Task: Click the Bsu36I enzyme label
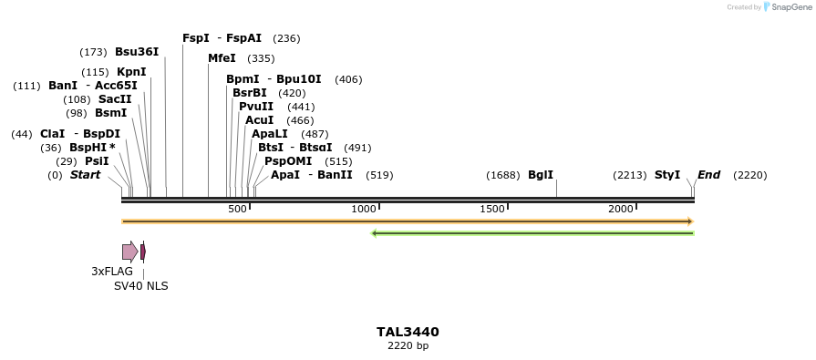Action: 137,52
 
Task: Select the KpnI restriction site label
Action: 131,72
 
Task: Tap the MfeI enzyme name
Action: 222,58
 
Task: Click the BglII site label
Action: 541,175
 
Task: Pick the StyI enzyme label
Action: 667,175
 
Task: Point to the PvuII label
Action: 256,107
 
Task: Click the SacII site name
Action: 115,99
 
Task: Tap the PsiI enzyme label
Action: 97,161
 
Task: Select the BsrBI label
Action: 250,93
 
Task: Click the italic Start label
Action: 85,175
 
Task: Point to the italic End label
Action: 708,175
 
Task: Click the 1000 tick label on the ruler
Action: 364,210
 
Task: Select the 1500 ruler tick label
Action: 492,210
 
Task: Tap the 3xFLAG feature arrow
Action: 129,252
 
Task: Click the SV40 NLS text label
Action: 140,286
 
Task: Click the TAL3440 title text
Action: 408,332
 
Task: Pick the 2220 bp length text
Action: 408,346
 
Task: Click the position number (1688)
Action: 503,175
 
